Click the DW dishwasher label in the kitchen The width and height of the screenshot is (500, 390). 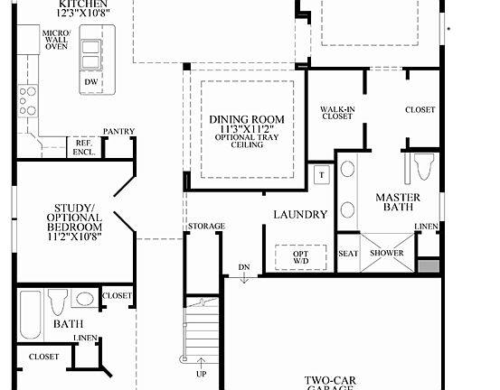(90, 82)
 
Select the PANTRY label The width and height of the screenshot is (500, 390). (118, 132)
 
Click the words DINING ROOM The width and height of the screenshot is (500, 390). (246, 119)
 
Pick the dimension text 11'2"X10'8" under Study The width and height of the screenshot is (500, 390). (77, 238)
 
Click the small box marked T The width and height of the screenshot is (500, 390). (321, 174)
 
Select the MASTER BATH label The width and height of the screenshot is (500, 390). (397, 203)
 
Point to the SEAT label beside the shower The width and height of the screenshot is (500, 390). (348, 254)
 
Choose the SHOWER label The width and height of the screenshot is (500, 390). (386, 254)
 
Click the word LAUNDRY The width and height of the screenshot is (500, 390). (301, 215)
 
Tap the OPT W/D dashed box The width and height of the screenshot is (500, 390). (299, 256)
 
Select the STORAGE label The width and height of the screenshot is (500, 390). (206, 226)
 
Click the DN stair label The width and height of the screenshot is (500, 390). (243, 268)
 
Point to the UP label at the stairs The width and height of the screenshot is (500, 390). (200, 373)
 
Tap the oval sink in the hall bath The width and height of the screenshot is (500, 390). (85, 299)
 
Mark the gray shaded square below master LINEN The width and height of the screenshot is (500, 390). (429, 268)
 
